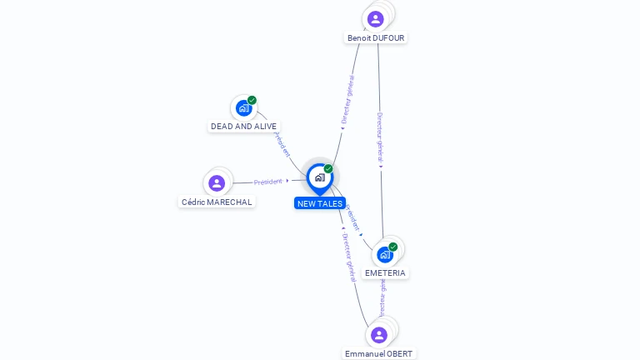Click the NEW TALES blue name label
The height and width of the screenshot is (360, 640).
pos(319,203)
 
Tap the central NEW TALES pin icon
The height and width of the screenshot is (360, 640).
pos(319,177)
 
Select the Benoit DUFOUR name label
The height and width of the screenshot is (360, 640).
pos(376,38)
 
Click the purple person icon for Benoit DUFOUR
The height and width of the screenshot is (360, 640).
pos(376,18)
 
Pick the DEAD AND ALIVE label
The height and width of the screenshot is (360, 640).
pos(243,127)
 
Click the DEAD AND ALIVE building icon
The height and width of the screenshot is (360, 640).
pos(243,107)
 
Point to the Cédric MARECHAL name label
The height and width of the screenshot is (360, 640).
pos(217,202)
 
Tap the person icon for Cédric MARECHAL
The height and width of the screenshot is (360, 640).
pos(217,182)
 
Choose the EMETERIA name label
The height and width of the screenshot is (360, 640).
pos(385,273)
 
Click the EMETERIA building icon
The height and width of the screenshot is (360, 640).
pos(384,255)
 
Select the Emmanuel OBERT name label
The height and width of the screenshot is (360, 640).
pos(378,353)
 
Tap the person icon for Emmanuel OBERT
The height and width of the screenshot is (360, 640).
pos(379,335)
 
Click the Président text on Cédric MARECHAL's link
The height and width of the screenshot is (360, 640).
pos(268,182)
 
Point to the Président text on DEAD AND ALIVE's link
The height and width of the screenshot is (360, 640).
pos(282,145)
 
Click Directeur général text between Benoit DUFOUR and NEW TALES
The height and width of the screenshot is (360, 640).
pos(348,99)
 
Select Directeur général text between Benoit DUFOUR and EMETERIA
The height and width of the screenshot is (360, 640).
pos(380,137)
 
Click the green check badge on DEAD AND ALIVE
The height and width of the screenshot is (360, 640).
pos(252,100)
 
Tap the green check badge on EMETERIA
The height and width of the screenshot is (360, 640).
pos(393,247)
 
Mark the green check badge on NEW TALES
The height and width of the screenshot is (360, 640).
pos(328,168)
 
